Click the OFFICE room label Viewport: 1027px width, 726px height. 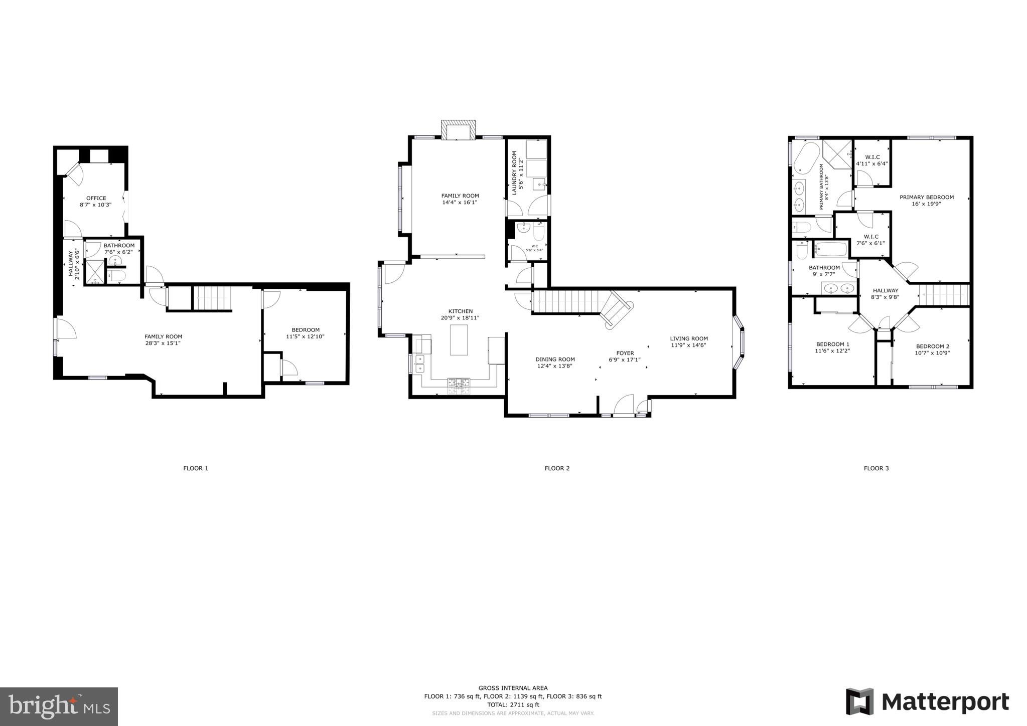point(96,198)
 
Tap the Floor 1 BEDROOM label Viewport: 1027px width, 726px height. point(305,330)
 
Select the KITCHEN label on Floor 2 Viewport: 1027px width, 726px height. point(460,311)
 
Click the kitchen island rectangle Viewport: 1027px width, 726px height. point(459,340)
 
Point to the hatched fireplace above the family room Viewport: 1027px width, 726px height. point(458,129)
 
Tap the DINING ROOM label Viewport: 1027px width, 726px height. point(555,359)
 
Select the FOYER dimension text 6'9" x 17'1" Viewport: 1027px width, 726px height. point(625,359)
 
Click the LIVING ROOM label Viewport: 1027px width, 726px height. point(689,338)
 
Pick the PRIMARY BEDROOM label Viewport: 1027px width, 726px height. point(926,197)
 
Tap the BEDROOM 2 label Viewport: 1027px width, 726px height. point(932,346)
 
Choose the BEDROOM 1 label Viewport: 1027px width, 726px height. point(832,344)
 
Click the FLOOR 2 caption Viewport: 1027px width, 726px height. point(557,468)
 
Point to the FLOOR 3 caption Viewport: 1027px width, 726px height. point(876,468)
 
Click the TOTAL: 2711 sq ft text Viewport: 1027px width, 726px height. point(513,704)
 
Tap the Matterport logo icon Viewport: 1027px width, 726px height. point(859,701)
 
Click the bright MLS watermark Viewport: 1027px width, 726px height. point(59,706)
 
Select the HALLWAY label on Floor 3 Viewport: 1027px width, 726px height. point(885,290)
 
